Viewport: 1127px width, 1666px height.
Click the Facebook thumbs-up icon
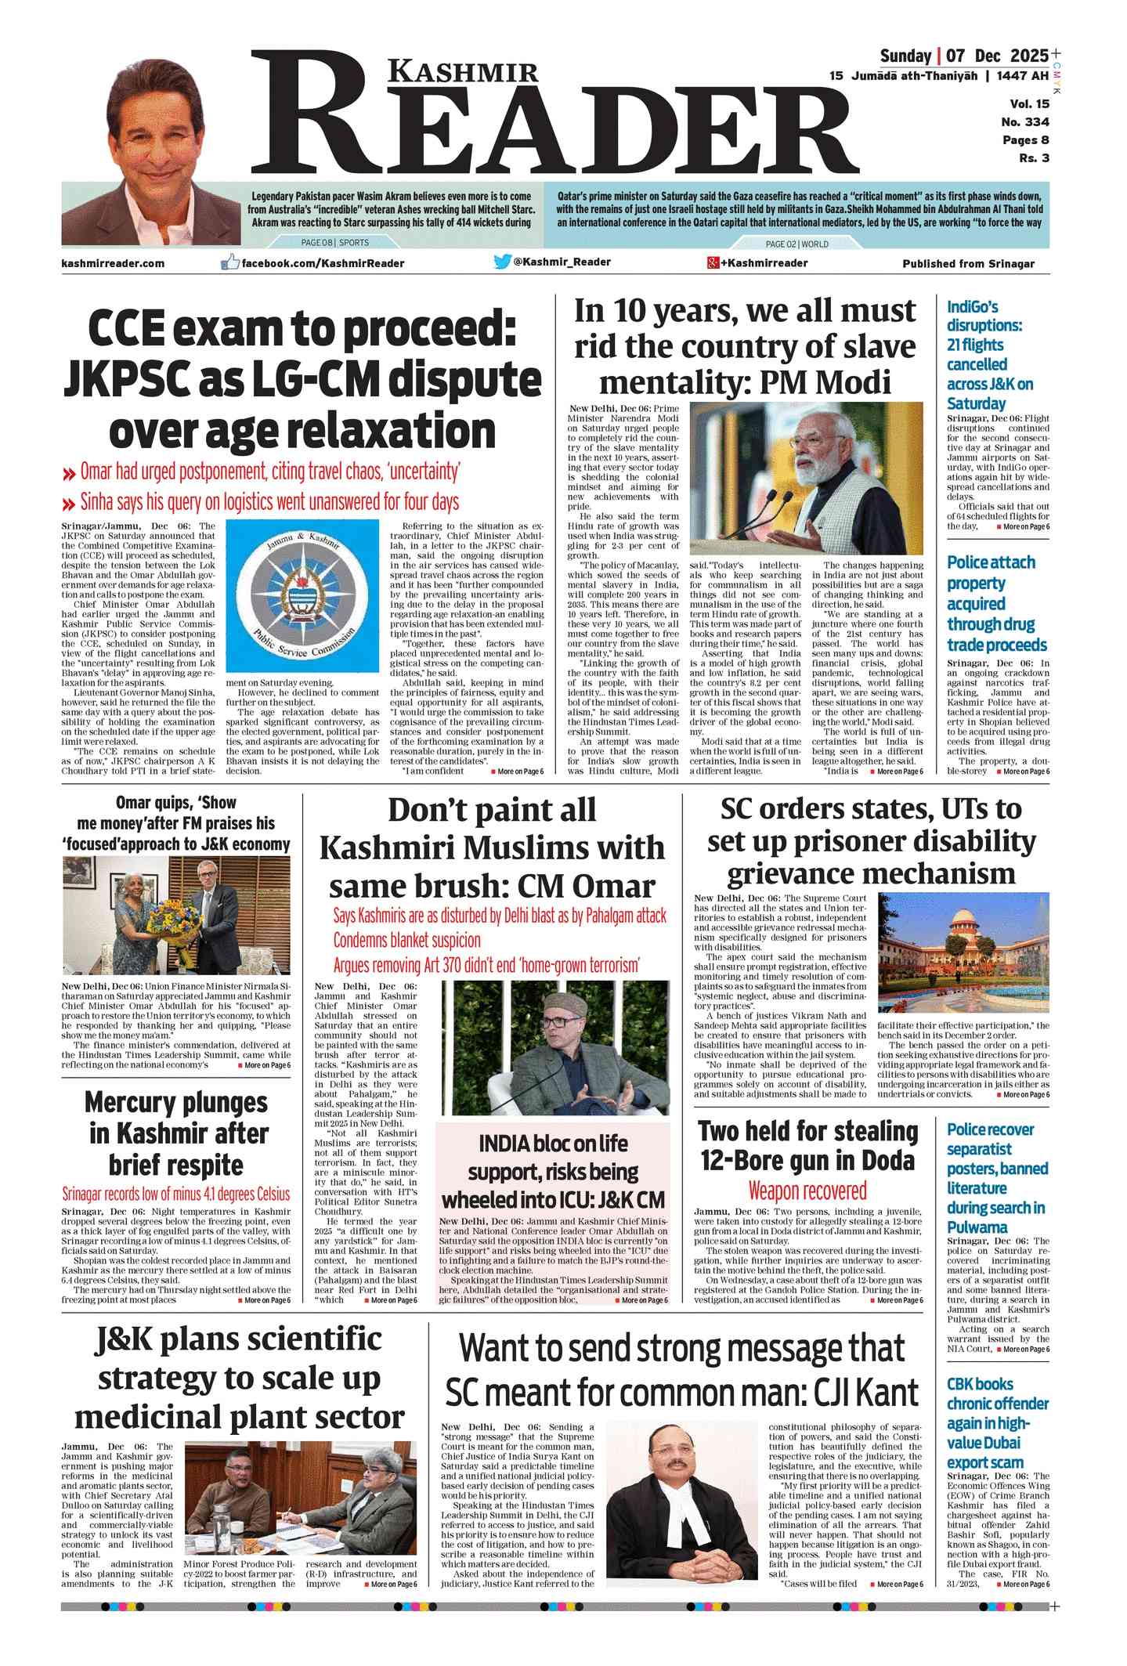230,262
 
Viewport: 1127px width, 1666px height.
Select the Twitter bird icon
503,262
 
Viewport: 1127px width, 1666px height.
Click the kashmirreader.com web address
113,264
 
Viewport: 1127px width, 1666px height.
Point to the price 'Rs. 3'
1034,158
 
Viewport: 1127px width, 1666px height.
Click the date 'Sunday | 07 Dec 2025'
963,56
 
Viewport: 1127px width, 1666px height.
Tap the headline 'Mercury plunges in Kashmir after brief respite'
177,1133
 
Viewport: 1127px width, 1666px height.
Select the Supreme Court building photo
963,953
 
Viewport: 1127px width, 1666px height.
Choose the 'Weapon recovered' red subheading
807,1191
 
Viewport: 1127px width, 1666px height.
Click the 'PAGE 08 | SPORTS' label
334,243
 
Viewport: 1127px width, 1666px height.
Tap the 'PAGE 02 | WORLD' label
796,244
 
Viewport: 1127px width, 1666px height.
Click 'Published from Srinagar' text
968,264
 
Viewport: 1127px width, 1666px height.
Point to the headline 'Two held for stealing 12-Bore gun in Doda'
807,1145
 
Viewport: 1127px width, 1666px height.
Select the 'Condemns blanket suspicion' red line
406,940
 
